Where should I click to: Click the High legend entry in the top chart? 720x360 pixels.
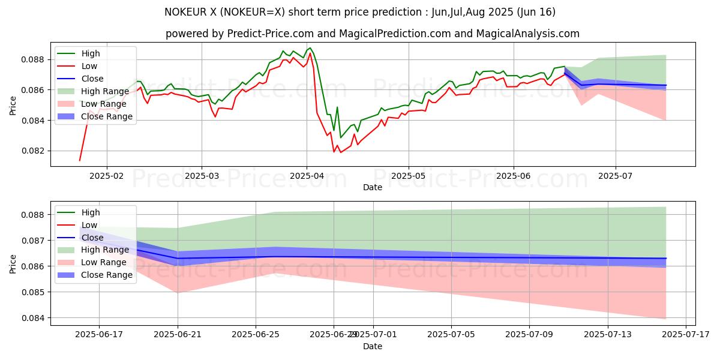91,53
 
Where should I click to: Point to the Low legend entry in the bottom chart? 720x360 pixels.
89,225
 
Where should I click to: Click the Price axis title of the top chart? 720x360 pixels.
13,105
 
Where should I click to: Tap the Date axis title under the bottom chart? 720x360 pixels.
373,347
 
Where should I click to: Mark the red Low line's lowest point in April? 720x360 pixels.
341,152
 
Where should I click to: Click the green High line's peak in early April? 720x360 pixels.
310,47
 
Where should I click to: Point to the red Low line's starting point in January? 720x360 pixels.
79,160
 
